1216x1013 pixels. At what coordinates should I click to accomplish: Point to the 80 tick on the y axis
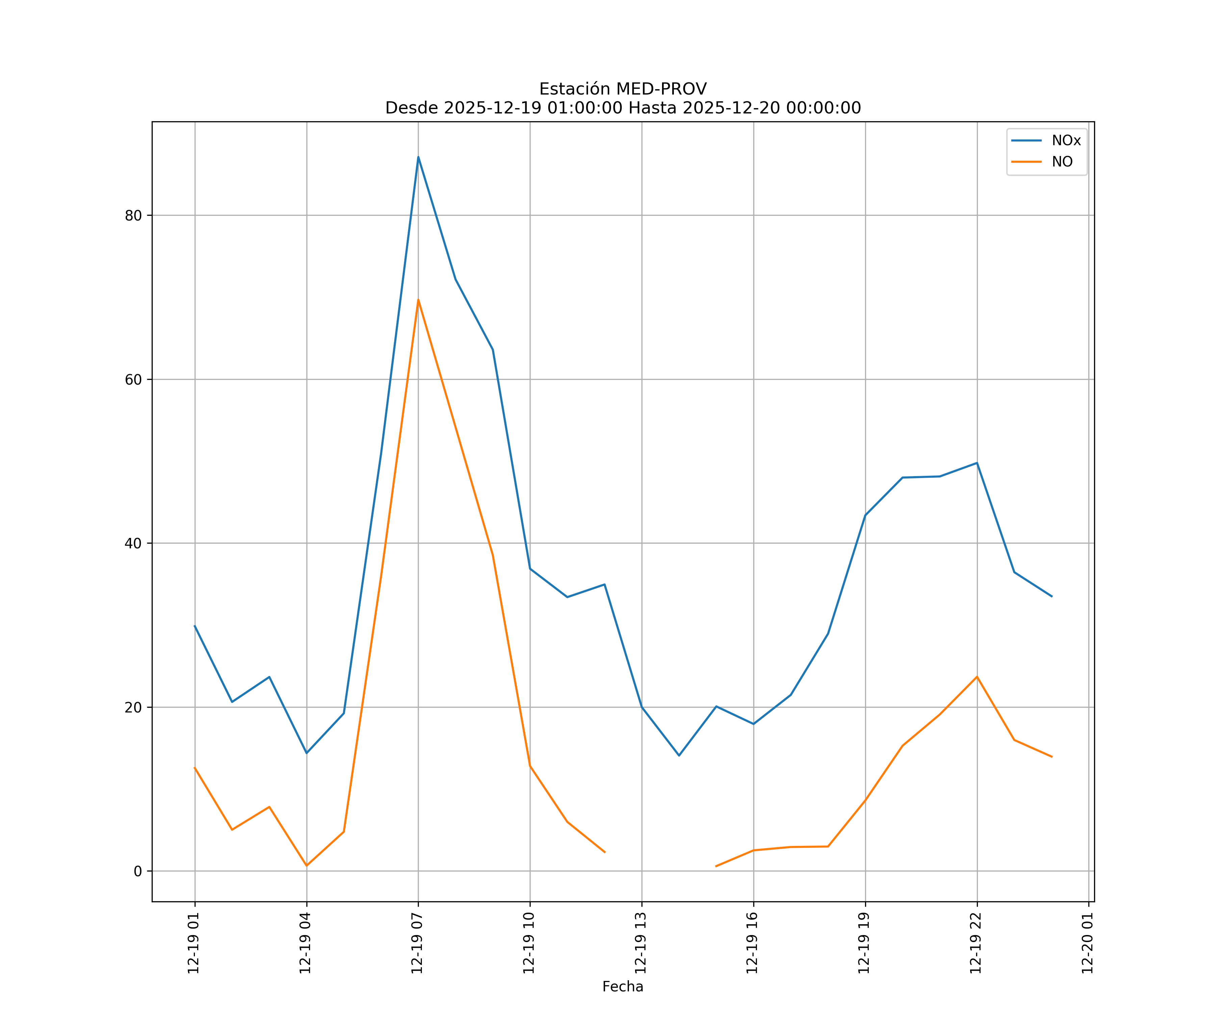(133, 215)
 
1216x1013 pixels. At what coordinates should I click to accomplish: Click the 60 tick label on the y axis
(133, 380)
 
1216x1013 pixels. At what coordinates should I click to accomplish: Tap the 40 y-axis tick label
(133, 544)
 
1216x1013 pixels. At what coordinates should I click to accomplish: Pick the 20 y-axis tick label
(133, 707)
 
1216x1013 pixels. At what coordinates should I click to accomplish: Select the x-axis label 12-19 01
(194, 943)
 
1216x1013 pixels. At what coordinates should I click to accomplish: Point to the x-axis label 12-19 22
(976, 943)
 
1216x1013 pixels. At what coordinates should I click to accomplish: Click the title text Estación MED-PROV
(623, 89)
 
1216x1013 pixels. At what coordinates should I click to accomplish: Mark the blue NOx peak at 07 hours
(418, 157)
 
